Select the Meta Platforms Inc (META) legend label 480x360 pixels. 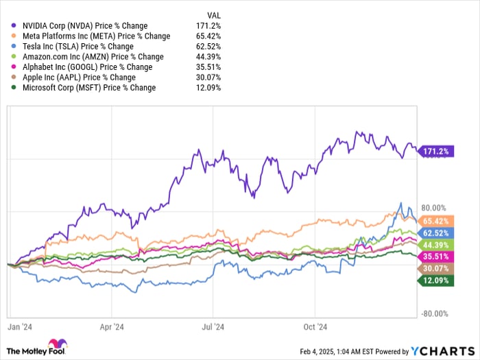point(96,36)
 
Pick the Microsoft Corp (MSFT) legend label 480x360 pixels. point(89,88)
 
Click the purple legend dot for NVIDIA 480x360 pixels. point(15,26)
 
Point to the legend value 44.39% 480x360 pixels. point(209,57)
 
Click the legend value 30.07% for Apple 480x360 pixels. point(209,77)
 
